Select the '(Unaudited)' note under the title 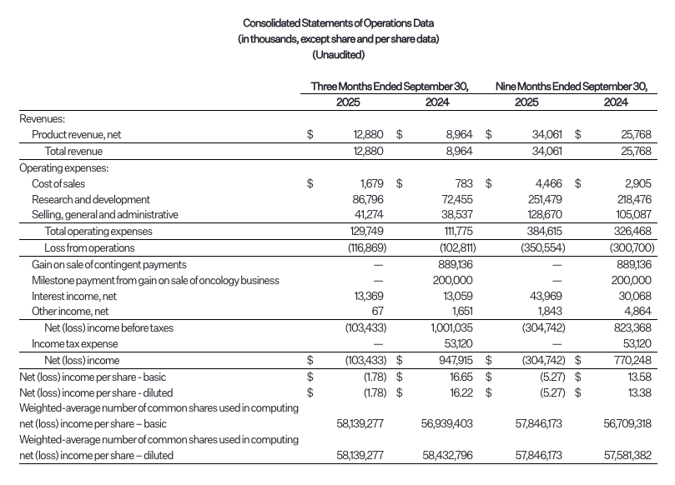(x=337, y=55)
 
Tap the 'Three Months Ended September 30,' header (x=389, y=86)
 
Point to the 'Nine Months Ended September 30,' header (x=572, y=86)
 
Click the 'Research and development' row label (x=91, y=199)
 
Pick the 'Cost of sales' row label (x=58, y=183)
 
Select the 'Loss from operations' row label (x=89, y=247)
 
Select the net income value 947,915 (x=451, y=360)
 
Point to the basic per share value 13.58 (x=637, y=376)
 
